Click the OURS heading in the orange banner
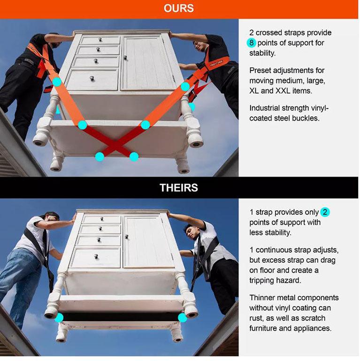point(179,8)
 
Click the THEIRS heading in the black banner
point(179,188)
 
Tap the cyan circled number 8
point(252,43)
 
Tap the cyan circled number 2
point(325,212)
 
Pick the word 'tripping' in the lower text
point(263,281)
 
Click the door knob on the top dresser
point(125,57)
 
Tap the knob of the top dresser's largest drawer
point(92,78)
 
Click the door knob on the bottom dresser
point(126,237)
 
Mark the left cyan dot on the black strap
point(59,318)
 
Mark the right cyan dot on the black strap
point(183,318)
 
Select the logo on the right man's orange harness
point(216,63)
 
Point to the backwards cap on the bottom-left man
point(51,215)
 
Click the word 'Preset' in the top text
point(259,70)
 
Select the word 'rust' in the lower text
point(256,319)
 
